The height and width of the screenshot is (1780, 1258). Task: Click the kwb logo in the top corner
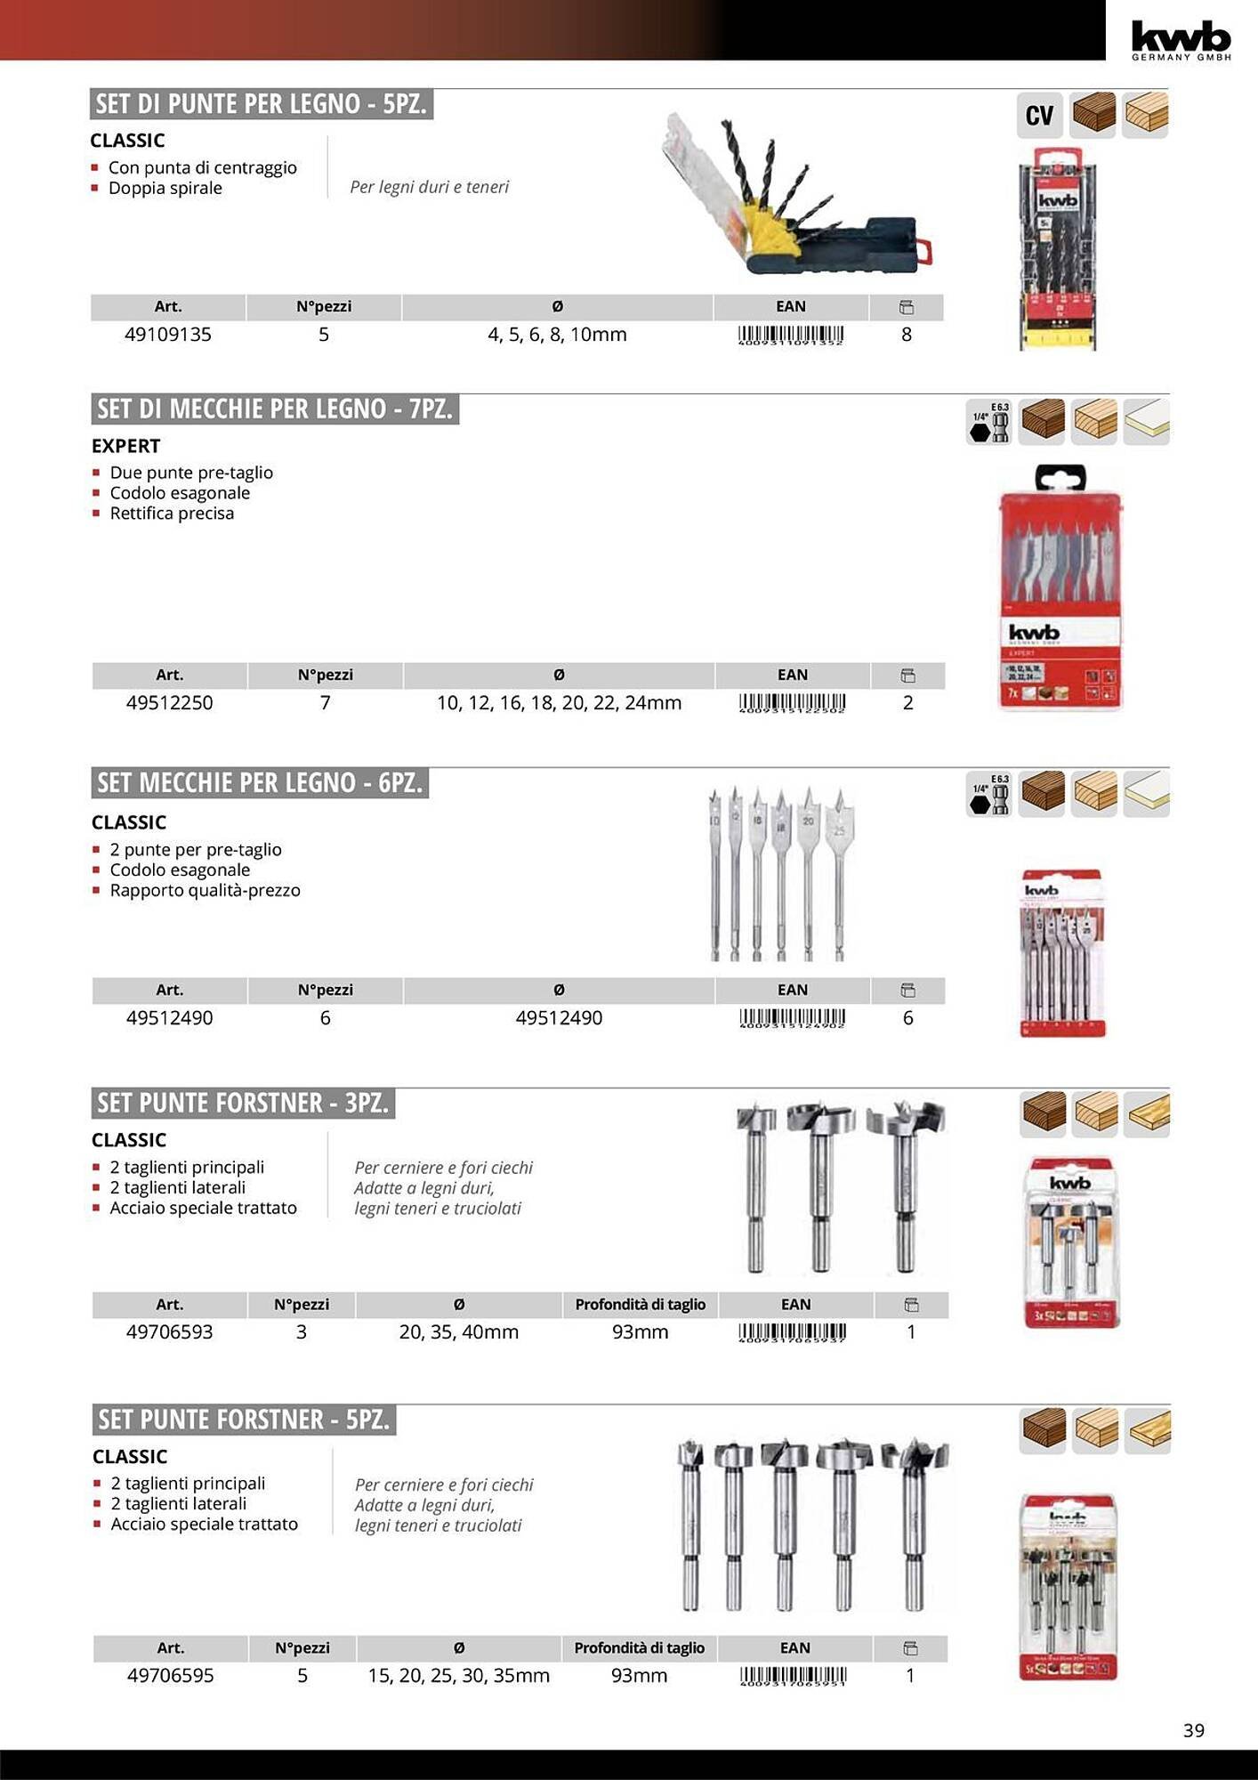(1181, 40)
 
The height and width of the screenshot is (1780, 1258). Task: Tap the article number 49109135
(168, 335)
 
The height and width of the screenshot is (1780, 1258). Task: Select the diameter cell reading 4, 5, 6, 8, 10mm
(557, 335)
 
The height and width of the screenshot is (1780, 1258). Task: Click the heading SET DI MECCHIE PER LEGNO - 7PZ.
(275, 409)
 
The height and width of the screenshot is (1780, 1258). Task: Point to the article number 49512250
(169, 703)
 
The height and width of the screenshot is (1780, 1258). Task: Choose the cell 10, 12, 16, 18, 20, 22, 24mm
(559, 703)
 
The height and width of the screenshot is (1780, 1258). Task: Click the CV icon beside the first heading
(1039, 116)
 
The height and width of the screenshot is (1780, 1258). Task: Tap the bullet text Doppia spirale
(165, 188)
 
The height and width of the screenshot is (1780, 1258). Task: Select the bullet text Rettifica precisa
(172, 514)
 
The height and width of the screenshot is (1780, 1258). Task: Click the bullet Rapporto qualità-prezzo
(205, 890)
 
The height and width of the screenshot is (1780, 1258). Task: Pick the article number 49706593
(169, 1332)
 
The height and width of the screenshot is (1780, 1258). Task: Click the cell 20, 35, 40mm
(458, 1332)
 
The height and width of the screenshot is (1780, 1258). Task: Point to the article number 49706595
(170, 1676)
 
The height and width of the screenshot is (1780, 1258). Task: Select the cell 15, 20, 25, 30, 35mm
(458, 1676)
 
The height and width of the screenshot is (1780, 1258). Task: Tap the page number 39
(1193, 1730)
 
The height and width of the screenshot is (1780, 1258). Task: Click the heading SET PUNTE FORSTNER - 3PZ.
(243, 1104)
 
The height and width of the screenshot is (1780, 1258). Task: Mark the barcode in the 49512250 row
(792, 703)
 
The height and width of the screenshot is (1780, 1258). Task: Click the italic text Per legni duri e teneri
(429, 187)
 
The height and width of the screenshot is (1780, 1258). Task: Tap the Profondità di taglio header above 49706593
(640, 1305)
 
